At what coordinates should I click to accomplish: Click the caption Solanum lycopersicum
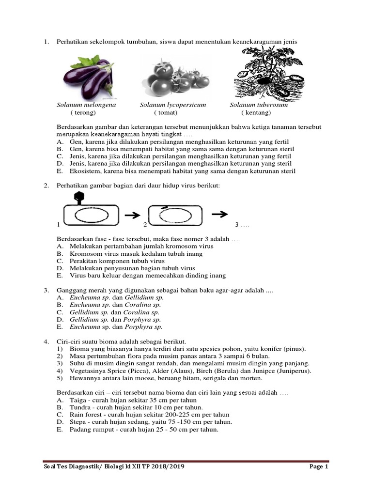coord(173,105)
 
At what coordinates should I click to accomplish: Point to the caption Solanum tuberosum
coord(259,105)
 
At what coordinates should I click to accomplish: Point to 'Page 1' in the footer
coord(319,467)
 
